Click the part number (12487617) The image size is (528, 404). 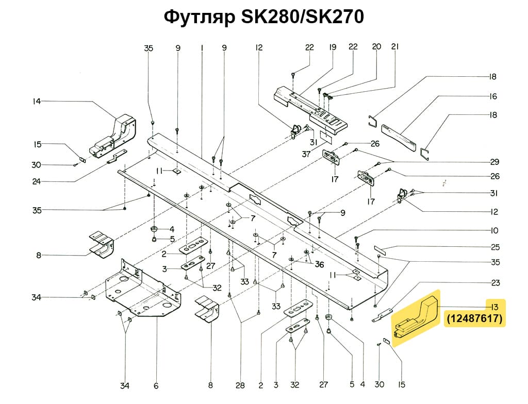pyautogui.click(x=474, y=319)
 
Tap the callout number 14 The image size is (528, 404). pyautogui.click(x=36, y=102)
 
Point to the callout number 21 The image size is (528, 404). pyautogui.click(x=396, y=47)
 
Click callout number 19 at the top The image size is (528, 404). pyautogui.click(x=332, y=47)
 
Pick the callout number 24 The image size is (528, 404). pyautogui.click(x=36, y=181)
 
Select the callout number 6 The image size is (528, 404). pyautogui.click(x=156, y=385)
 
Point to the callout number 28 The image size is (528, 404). pyautogui.click(x=240, y=385)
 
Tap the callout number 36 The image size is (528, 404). pyautogui.click(x=319, y=264)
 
